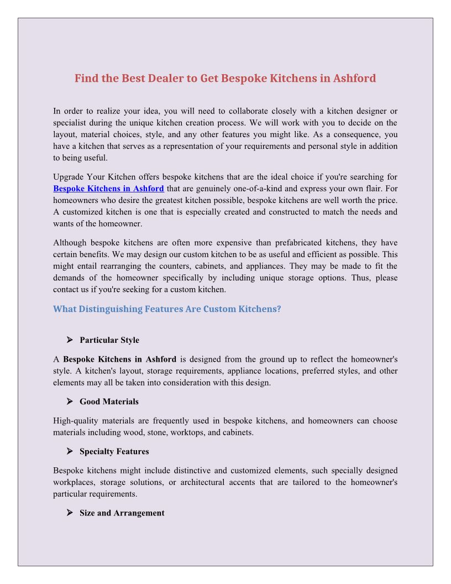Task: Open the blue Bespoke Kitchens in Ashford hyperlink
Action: tap(108, 189)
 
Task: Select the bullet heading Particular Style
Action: tap(109, 340)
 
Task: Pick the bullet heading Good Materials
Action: tap(109, 401)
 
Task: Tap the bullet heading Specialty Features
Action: tap(114, 451)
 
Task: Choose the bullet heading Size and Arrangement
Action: tap(122, 513)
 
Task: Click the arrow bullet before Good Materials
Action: tap(70, 401)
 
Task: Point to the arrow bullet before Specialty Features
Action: tap(70, 451)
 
